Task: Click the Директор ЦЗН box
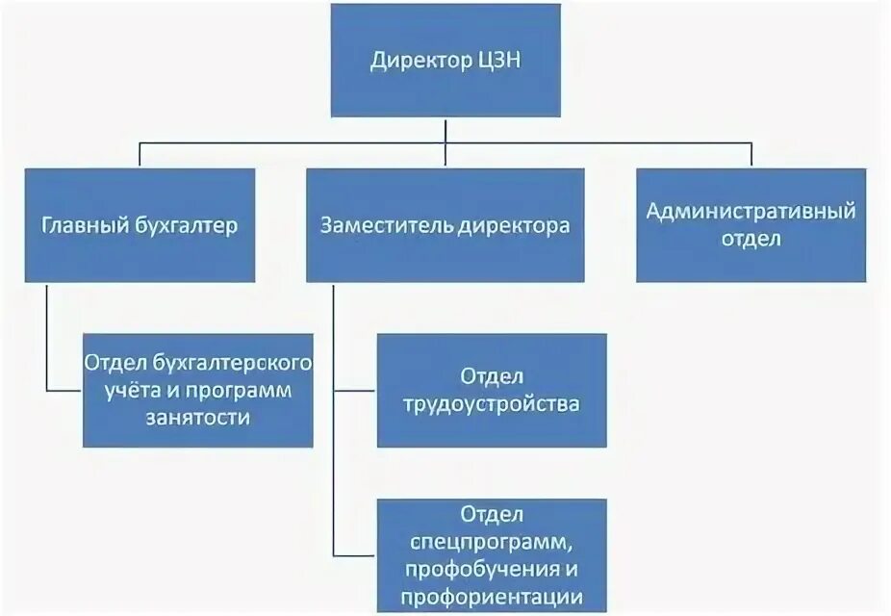(445, 60)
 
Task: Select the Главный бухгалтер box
(140, 225)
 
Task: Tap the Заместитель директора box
(445, 225)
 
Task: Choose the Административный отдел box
(751, 225)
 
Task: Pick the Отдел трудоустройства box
(492, 390)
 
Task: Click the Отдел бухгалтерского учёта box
(198, 390)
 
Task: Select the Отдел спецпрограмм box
(492, 554)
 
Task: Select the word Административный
(751, 211)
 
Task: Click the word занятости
(198, 418)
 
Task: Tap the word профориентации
(492, 595)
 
